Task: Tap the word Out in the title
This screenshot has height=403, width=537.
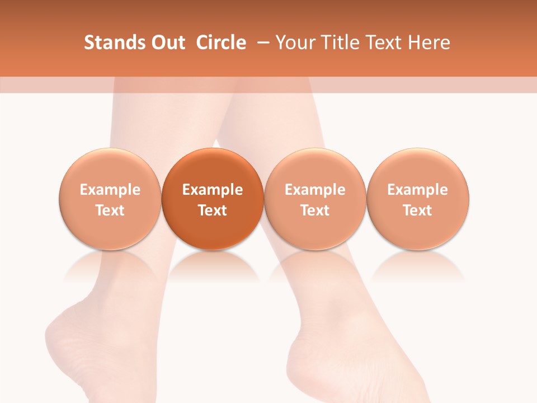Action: [167, 43]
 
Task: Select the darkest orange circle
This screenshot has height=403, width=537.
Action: [213, 199]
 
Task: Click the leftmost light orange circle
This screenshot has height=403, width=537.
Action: [110, 199]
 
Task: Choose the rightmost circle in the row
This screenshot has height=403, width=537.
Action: [418, 199]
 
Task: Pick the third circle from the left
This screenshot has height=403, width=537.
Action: [315, 199]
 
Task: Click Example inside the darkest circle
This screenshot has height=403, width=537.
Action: [213, 190]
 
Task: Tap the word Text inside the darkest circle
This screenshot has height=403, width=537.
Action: [213, 210]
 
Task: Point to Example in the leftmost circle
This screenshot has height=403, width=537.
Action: [110, 190]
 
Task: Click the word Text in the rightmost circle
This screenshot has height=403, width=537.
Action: [418, 210]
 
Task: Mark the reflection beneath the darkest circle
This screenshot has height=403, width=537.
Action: [213, 265]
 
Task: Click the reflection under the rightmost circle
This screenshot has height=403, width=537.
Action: [418, 265]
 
